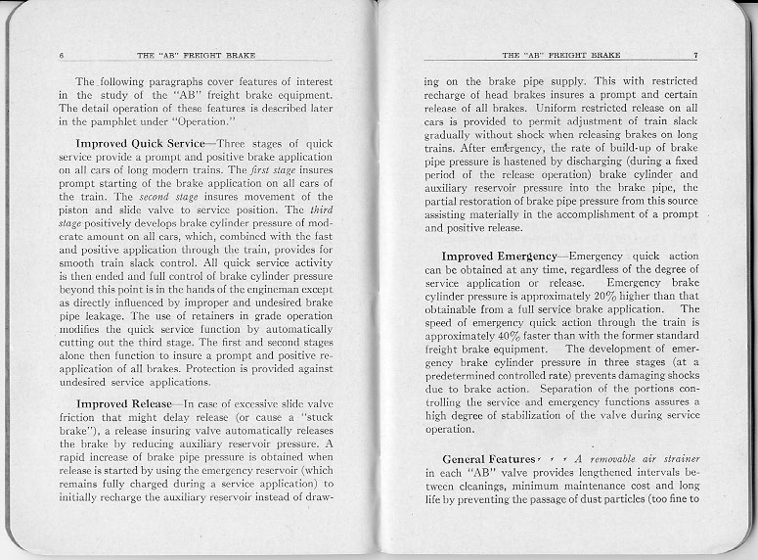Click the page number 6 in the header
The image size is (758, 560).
(61, 55)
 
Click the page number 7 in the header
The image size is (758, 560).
(693, 55)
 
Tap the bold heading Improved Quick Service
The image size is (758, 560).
(135, 143)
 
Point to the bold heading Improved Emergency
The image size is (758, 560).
(497, 256)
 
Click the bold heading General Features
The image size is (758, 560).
(488, 459)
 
